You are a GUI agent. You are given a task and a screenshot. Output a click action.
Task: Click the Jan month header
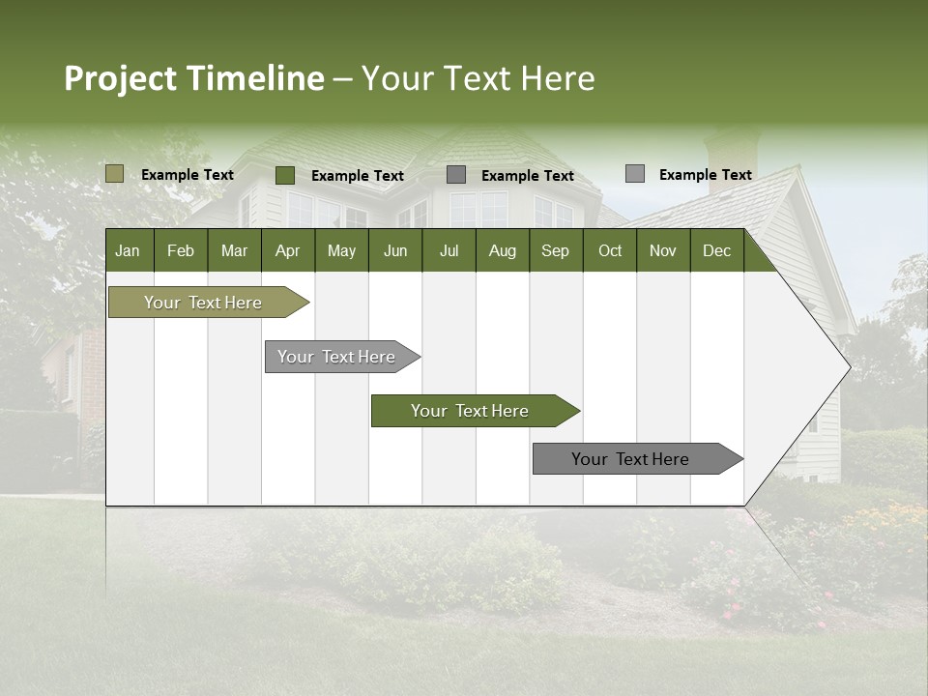pos(128,250)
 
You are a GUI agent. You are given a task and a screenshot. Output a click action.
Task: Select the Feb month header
pos(181,250)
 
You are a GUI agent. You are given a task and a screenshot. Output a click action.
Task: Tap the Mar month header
pos(234,250)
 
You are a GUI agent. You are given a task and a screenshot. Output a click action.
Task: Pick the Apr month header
pos(287,250)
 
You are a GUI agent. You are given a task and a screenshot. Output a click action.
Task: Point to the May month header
pos(341,250)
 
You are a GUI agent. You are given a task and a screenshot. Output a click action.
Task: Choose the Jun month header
pos(395,250)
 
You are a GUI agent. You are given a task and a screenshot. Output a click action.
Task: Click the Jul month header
pos(449,250)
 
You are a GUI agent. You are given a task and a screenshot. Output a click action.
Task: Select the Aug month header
pos(502,250)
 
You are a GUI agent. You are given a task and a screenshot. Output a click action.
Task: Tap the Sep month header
pos(555,250)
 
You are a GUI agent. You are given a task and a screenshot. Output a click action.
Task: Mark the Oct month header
pos(610,250)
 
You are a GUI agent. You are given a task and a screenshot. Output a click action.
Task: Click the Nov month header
pos(663,250)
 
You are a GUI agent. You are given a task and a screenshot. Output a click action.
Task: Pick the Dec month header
pos(716,250)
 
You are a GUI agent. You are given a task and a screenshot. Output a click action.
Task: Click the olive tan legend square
pos(114,174)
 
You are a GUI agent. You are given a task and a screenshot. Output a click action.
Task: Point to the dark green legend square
pos(285,175)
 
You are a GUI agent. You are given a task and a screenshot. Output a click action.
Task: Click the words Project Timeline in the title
pos(194,78)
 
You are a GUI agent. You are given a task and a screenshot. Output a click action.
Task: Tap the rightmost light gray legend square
pos(635,174)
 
